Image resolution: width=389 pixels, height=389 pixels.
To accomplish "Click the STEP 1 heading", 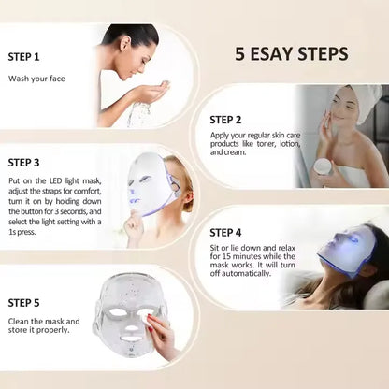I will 23,55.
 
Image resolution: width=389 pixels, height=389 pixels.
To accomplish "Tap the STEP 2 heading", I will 225,120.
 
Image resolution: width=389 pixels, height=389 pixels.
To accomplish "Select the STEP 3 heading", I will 23,162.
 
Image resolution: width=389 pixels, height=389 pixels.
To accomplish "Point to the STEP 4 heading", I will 225,232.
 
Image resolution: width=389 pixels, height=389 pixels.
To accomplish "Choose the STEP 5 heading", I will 23,302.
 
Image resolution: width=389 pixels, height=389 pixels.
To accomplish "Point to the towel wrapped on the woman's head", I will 363,98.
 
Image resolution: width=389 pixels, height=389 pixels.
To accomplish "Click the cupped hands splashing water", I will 150,93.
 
